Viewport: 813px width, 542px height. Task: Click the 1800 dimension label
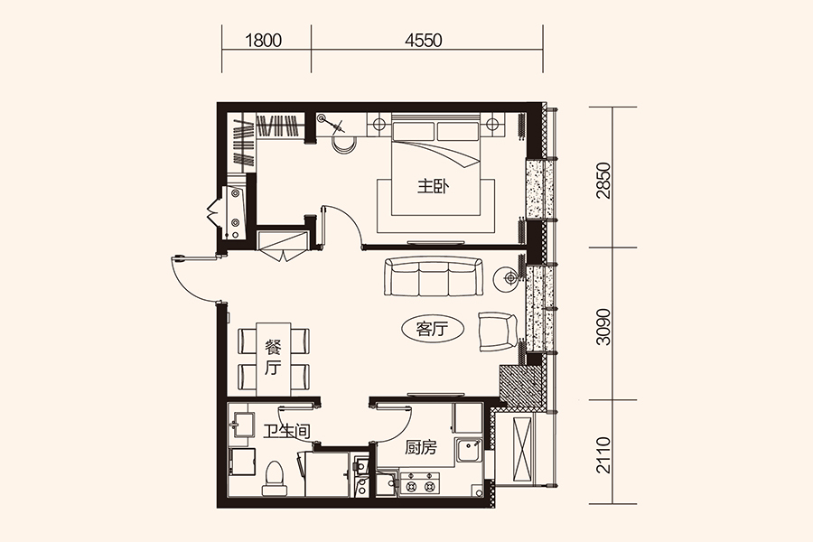click(264, 41)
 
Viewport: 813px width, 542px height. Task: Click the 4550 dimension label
click(424, 41)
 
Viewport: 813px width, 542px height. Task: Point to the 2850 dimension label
click(603, 181)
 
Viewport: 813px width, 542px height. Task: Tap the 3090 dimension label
click(603, 327)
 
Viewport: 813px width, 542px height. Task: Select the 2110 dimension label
click(603, 455)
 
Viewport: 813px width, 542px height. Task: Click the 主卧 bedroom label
click(434, 187)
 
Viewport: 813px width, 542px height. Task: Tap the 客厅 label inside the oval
click(432, 328)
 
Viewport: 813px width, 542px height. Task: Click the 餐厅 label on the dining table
click(273, 358)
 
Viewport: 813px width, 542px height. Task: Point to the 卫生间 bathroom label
click(286, 431)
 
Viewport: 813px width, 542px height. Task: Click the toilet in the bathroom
click(275, 478)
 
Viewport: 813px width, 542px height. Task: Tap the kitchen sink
click(469, 450)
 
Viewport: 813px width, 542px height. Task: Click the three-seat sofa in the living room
click(433, 276)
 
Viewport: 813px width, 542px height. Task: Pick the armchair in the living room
click(498, 332)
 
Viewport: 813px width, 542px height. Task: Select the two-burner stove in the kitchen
click(419, 484)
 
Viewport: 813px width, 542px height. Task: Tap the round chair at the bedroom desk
click(343, 145)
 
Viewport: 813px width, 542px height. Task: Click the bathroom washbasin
click(241, 425)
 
